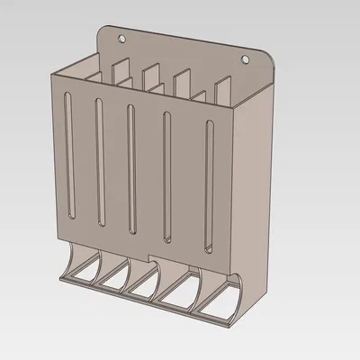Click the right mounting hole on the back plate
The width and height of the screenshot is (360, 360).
point(244,58)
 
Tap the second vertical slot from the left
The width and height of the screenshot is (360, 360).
point(97,162)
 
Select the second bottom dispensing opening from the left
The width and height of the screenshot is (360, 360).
point(112,280)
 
